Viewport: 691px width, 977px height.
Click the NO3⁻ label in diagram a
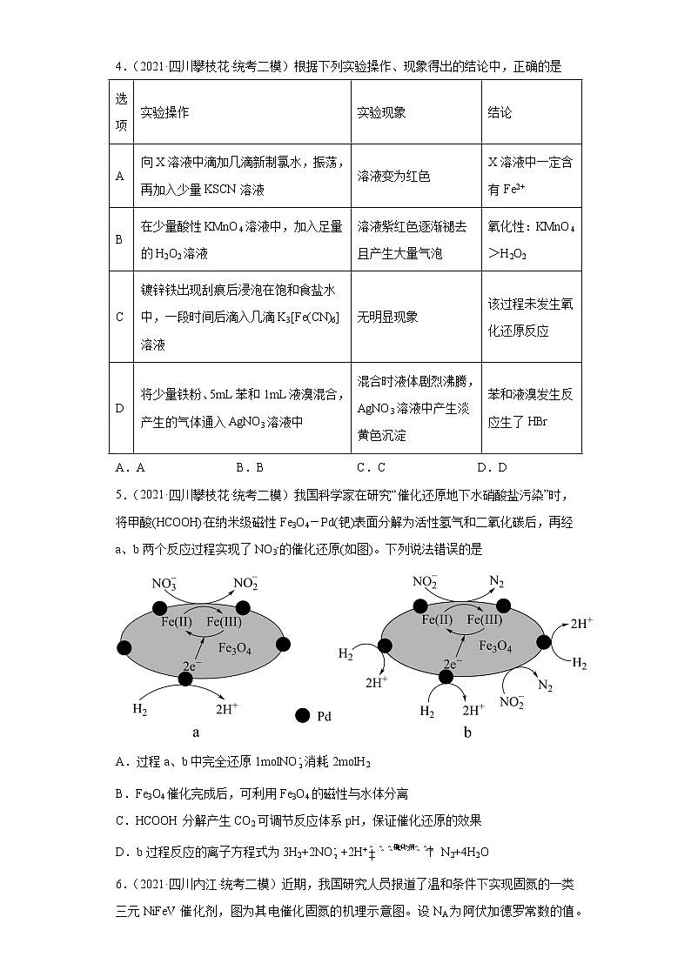(x=164, y=585)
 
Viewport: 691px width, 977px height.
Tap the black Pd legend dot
(x=303, y=715)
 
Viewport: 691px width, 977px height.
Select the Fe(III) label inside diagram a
(x=225, y=622)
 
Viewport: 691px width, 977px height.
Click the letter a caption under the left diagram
(x=196, y=733)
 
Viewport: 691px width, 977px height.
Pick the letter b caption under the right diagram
(x=467, y=733)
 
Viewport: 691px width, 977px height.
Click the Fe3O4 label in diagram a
(x=236, y=647)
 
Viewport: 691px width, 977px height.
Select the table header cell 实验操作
(x=165, y=113)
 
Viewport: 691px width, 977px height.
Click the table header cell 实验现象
(x=381, y=113)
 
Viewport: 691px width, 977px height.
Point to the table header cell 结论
(x=500, y=113)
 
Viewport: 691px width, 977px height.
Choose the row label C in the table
(x=120, y=317)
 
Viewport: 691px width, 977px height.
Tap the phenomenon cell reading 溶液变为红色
(x=393, y=176)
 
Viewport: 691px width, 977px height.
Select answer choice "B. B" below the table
(x=249, y=467)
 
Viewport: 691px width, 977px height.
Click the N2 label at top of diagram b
(x=497, y=581)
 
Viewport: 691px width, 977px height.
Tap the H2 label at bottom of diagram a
(x=140, y=709)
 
